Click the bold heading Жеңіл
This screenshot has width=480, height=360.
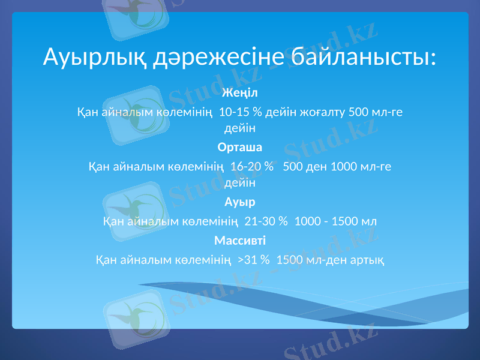240,93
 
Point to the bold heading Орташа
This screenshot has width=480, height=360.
240,147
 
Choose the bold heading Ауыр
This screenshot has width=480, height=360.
240,202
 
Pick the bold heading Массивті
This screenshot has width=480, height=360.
240,241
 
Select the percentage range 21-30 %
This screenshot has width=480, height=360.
266,221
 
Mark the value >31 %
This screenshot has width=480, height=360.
253,260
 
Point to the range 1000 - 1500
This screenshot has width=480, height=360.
328,221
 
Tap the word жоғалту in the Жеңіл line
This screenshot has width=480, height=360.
322,112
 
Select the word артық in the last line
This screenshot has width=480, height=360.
368,260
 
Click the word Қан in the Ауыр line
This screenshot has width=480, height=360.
112,221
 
